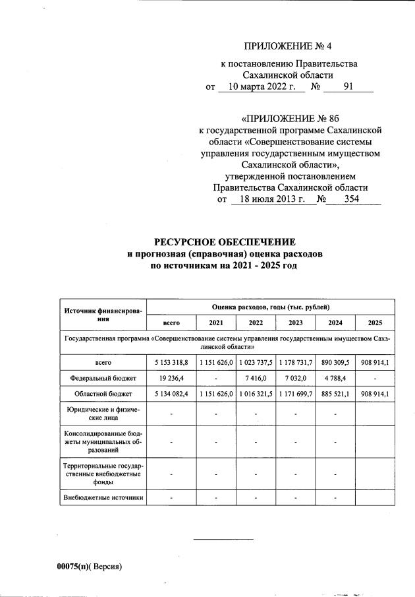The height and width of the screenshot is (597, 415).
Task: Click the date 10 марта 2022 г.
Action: pyautogui.click(x=256, y=86)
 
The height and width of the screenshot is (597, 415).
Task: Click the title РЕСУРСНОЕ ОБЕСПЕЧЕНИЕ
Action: pyautogui.click(x=225, y=241)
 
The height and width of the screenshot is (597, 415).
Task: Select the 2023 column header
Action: pyautogui.click(x=296, y=323)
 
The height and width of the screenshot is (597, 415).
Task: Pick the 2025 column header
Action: pyautogui.click(x=375, y=323)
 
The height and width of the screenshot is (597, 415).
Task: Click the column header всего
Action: pyautogui.click(x=171, y=323)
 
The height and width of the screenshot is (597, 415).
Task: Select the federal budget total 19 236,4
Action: pyautogui.click(x=171, y=379)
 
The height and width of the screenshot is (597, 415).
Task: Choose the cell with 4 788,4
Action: pyautogui.click(x=335, y=379)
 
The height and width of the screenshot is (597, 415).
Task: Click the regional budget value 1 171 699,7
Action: pyautogui.click(x=296, y=394)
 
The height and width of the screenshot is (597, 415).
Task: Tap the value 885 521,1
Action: pyautogui.click(x=335, y=394)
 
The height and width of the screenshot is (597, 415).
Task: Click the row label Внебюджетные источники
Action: pyautogui.click(x=103, y=497)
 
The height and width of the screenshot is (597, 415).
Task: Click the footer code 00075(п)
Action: pyautogui.click(x=73, y=566)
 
